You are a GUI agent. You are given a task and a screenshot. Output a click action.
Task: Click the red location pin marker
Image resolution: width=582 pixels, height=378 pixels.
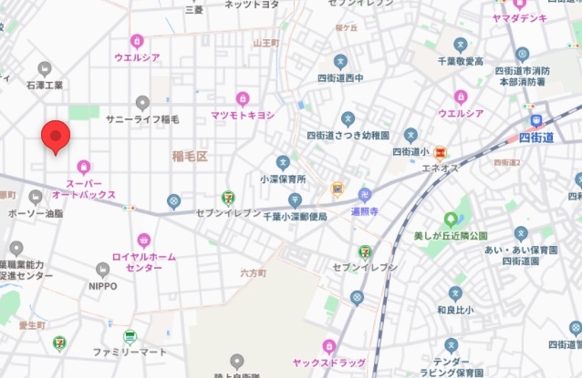click(57, 138)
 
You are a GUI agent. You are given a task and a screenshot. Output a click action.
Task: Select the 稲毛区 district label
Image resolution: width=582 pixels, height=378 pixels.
click(190, 157)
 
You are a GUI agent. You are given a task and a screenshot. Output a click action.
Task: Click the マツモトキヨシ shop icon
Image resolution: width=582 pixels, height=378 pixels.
click(243, 98)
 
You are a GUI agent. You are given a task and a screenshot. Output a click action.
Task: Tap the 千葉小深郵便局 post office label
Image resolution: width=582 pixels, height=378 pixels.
click(295, 217)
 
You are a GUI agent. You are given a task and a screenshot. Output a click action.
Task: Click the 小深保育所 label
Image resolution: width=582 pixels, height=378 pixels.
click(283, 179)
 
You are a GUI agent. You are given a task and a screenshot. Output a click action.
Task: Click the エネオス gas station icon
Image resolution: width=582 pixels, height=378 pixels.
click(441, 151)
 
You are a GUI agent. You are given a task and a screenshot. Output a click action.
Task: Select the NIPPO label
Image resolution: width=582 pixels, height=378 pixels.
click(102, 285)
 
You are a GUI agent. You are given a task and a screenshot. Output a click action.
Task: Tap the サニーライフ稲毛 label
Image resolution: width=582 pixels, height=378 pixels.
click(142, 118)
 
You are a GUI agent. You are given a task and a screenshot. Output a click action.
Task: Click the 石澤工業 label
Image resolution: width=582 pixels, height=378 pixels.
click(44, 85)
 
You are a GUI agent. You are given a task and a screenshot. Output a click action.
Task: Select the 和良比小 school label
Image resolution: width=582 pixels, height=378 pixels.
click(453, 309)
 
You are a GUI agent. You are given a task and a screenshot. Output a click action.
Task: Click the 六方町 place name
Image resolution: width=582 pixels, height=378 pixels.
click(253, 272)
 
